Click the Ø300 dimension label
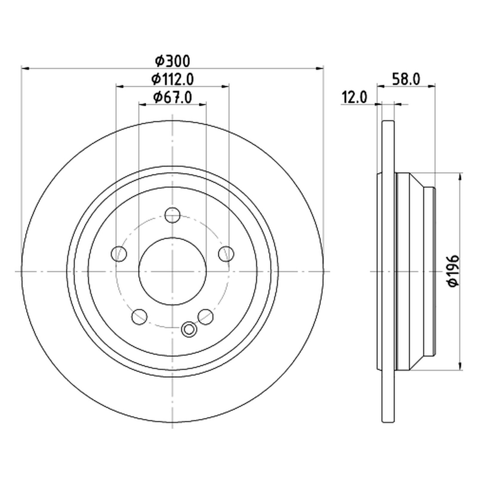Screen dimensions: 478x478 tap(172, 61)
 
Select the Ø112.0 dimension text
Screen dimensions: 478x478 tap(172, 79)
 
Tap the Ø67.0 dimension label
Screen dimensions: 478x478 tap(172, 97)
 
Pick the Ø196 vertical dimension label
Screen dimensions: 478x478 tap(453, 271)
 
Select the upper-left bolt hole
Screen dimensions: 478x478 tap(119, 254)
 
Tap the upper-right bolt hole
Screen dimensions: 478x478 tap(226, 254)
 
